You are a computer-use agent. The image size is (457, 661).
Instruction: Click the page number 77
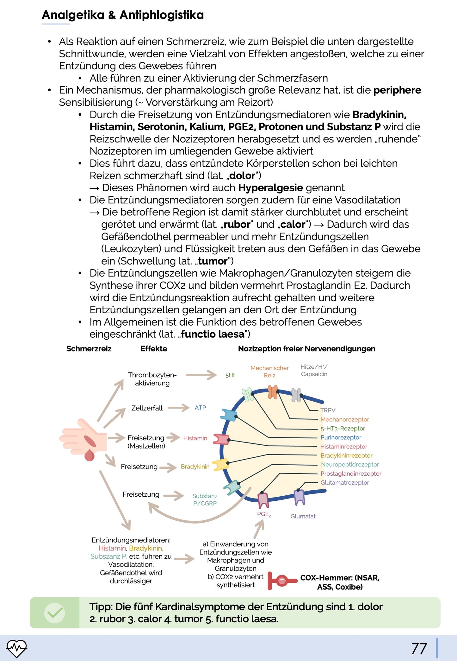[x=419, y=648]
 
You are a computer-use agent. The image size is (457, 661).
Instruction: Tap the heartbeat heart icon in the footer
[x=17, y=648]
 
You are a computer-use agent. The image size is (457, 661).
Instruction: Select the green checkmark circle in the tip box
[x=55, y=613]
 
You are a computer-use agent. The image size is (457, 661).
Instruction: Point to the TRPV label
[x=328, y=410]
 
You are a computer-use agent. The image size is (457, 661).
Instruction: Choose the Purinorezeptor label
[x=341, y=437]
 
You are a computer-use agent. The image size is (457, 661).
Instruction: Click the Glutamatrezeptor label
[x=345, y=482]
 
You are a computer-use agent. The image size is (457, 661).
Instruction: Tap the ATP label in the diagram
[x=200, y=408]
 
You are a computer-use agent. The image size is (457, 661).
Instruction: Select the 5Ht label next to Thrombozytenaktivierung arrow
[x=230, y=375]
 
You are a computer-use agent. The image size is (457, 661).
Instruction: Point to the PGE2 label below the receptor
[x=264, y=514]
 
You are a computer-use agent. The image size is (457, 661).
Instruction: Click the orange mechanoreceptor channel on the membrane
[x=273, y=392]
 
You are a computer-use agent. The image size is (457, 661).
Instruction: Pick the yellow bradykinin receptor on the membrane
[x=220, y=465]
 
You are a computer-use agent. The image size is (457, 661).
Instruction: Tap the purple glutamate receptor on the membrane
[x=299, y=497]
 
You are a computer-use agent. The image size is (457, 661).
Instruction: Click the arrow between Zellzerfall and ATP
[x=178, y=408]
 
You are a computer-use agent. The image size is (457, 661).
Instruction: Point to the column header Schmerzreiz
[x=89, y=349]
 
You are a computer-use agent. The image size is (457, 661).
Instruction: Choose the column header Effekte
[x=154, y=349]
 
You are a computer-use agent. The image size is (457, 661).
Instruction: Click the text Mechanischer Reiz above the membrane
[x=269, y=372]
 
